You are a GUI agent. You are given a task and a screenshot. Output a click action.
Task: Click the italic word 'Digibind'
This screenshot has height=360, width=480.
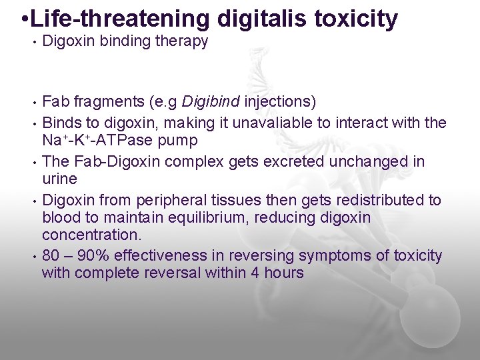click(x=211, y=102)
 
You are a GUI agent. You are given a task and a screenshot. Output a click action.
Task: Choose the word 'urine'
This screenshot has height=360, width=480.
click(x=59, y=179)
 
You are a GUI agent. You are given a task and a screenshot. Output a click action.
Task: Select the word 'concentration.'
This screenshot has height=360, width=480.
click(x=86, y=235)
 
